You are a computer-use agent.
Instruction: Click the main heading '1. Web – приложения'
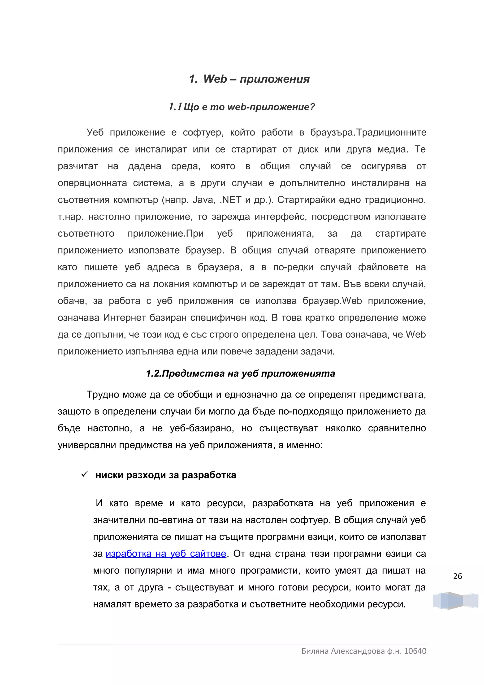coord(249,79)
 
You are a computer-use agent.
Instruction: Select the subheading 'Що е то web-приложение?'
coord(249,107)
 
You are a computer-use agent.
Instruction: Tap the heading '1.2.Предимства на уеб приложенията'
coord(240,373)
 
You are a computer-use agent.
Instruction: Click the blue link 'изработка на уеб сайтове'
coord(166,554)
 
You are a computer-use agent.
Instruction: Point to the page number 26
coord(457,577)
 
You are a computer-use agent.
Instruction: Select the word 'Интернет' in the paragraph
coord(123,318)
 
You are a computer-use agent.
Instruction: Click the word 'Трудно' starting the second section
coord(100,395)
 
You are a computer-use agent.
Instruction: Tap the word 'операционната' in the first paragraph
coord(92,183)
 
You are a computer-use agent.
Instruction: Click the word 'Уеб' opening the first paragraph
coord(95,132)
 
